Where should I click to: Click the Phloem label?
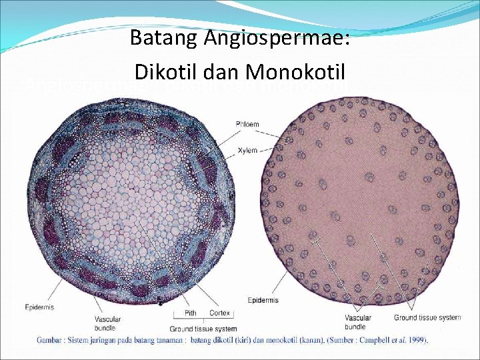coord(247,124)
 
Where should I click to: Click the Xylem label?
coord(247,151)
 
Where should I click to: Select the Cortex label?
coord(219,313)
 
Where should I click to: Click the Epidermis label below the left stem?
coord(40,307)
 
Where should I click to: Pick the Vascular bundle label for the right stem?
coord(358,322)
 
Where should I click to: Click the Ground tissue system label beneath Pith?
coord(203,329)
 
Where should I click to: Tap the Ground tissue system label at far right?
coord(427,317)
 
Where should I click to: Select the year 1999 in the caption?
coord(417,340)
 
